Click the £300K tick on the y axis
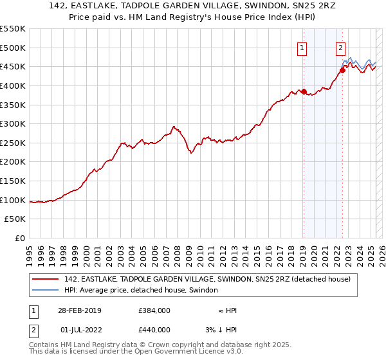pos(13,123)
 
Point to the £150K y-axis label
pos(13,181)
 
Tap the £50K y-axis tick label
pos(15,219)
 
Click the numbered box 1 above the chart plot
pos(302,47)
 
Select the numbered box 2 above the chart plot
pos(340,47)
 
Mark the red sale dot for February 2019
pos(304,91)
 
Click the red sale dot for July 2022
pos(342,70)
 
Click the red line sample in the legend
pos(46,279)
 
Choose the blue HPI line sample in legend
pos(46,290)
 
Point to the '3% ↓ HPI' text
pos(220,330)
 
